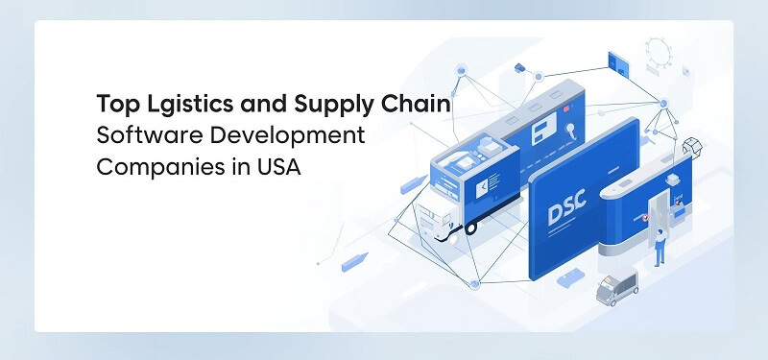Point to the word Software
(139, 135)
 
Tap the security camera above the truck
(521, 67)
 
